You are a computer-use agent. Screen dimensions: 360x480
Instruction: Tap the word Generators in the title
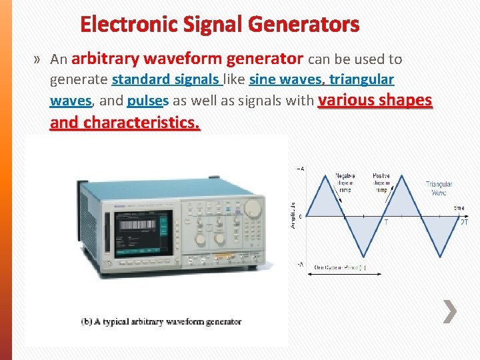tap(304, 25)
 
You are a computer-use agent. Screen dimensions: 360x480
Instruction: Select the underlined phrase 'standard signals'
tap(167, 80)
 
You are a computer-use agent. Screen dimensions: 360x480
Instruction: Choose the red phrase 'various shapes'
tap(375, 101)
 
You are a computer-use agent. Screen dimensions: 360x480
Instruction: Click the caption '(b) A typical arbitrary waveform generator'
tap(161, 322)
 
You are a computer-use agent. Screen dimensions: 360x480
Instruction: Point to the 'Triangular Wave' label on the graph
tap(439, 188)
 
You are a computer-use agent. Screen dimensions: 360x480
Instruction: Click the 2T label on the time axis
tap(464, 223)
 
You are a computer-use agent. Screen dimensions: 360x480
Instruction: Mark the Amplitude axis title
tap(294, 215)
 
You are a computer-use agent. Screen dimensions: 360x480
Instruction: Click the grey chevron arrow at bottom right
tap(451, 311)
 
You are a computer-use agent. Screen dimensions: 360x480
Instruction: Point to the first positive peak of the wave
tap(324, 175)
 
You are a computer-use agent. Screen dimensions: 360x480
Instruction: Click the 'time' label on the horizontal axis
tap(459, 208)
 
